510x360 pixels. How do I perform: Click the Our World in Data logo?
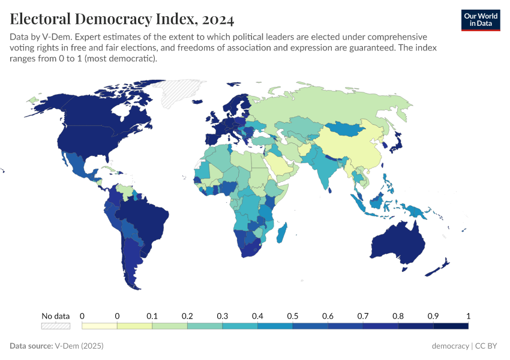point(480,19)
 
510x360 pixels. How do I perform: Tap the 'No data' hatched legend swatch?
point(55,326)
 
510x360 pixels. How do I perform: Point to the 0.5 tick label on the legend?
point(292,316)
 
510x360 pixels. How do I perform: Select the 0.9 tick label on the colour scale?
point(433,316)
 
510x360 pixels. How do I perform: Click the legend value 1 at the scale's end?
point(468,316)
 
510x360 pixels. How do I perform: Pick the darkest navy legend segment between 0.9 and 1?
point(451,326)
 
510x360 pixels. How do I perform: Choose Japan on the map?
point(394,143)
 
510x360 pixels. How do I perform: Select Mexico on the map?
point(78,165)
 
